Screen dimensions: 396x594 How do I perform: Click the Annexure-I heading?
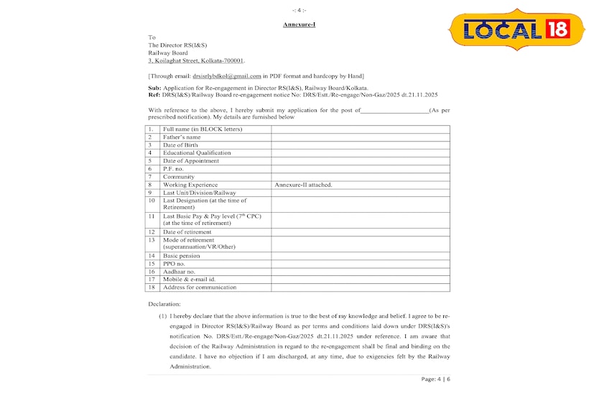pos(298,25)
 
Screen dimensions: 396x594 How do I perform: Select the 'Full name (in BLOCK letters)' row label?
pos(202,129)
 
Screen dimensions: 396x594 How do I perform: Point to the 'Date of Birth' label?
pos(180,144)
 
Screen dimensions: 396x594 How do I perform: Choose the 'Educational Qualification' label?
pos(197,152)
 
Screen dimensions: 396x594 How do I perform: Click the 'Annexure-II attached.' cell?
pos(303,185)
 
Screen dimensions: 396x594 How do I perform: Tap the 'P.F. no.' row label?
pos(174,168)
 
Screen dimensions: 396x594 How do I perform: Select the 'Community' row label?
pos(179,176)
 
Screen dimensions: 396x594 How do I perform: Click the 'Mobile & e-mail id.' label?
pos(189,280)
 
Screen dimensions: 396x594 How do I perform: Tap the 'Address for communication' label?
pos(199,287)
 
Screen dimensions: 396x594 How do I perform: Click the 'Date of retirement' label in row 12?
pos(188,232)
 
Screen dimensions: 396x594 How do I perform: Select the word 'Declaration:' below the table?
pos(165,305)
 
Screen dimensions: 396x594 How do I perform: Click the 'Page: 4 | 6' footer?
pos(435,379)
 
